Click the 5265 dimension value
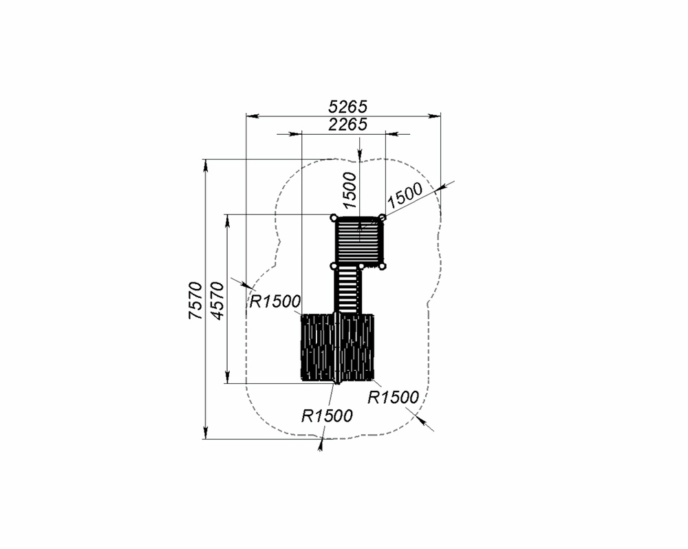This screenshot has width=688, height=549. point(347,107)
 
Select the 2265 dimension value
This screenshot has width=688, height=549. point(347,125)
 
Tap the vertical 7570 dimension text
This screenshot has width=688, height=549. point(195,301)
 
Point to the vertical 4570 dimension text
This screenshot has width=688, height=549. point(217,301)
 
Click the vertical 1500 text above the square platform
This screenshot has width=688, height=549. point(350,190)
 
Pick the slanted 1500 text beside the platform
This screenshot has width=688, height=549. point(405,195)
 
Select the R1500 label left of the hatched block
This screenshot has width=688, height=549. point(275,301)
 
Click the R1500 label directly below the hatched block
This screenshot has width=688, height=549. point(327,416)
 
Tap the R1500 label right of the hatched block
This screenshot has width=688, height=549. point(393,397)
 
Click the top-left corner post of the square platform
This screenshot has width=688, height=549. point(334,217)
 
